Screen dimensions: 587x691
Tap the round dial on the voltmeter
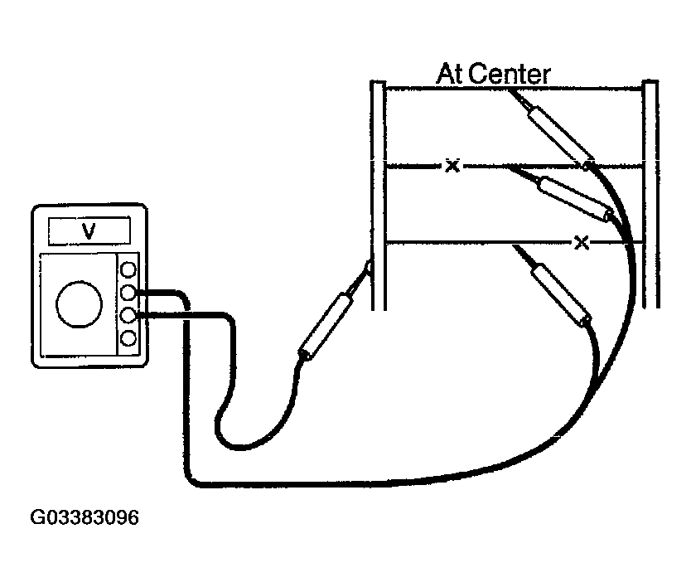[80, 304]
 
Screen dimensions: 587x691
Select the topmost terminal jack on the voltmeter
[128, 270]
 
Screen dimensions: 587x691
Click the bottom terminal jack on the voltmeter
[128, 338]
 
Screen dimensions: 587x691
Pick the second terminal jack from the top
[128, 293]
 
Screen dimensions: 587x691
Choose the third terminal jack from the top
[128, 315]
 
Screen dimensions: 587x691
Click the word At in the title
[451, 74]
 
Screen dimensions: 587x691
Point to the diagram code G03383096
[85, 518]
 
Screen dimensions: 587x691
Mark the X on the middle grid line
[452, 166]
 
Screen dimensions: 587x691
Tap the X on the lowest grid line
[582, 242]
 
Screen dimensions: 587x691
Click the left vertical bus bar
[378, 194]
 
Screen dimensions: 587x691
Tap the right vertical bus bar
[650, 194]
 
